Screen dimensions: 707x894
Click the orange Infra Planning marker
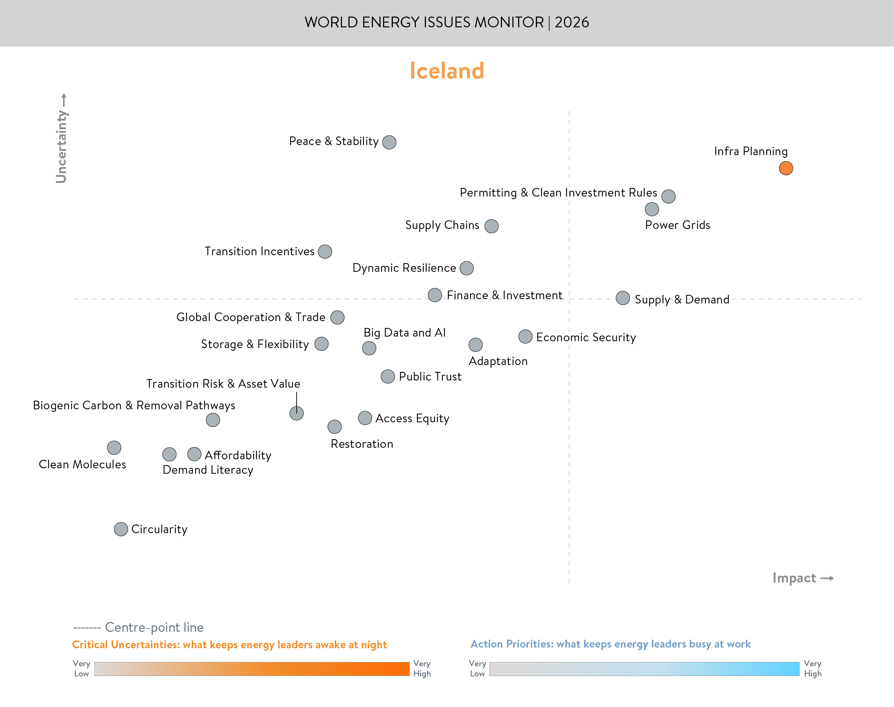click(786, 168)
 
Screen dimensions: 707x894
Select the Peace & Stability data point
click(389, 142)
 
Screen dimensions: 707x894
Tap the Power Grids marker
click(651, 209)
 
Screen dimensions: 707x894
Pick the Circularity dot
click(121, 529)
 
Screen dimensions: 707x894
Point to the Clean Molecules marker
click(114, 447)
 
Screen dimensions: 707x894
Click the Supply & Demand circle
click(623, 298)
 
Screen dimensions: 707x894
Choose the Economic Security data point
click(525, 337)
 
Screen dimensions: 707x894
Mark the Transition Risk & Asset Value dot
click(296, 413)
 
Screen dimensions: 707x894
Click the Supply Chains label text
click(442, 225)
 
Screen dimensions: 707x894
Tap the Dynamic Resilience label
click(404, 268)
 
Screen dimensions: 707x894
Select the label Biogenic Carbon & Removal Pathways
click(134, 405)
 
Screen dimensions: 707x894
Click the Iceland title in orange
click(446, 71)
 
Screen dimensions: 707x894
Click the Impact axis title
click(794, 578)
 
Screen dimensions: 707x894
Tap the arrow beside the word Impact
click(827, 578)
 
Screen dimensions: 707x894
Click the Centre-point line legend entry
click(138, 627)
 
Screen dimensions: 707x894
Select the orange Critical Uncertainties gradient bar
click(252, 669)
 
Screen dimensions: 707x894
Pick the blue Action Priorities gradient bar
click(644, 669)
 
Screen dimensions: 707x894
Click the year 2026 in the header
click(572, 22)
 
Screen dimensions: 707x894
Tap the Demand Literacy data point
click(169, 454)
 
